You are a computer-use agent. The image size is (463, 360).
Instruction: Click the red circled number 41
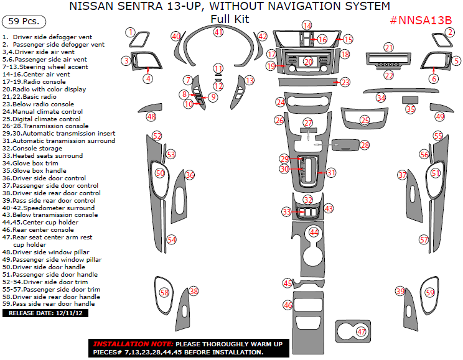218,32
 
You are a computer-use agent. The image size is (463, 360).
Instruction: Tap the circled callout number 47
362,332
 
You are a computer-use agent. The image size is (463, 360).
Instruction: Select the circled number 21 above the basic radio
389,47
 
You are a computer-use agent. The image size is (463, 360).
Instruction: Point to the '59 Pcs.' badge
26,21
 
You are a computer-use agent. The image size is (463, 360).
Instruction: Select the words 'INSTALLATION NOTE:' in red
133,344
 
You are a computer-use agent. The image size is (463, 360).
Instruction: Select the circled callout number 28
365,145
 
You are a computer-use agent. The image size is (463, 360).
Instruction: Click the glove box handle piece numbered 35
409,99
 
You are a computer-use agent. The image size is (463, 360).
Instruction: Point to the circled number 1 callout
130,32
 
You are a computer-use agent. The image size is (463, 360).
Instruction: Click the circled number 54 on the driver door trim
172,239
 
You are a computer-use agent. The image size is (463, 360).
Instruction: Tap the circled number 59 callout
429,292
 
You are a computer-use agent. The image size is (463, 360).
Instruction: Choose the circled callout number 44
314,232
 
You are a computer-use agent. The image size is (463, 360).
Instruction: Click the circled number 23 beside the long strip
345,82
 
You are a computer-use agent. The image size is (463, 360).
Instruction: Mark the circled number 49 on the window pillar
440,116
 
